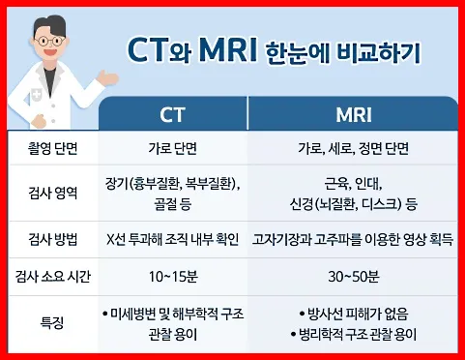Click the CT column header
pyautogui.click(x=173, y=114)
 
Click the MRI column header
pyautogui.click(x=353, y=114)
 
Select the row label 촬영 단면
pyautogui.click(x=53, y=150)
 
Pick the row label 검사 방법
pyautogui.click(x=53, y=236)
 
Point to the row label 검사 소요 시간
pyautogui.click(x=53, y=276)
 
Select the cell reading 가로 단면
pyautogui.click(x=173, y=150)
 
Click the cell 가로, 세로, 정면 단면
pyautogui.click(x=353, y=150)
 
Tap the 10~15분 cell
pyautogui.click(x=173, y=276)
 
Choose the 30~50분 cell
pyautogui.click(x=353, y=276)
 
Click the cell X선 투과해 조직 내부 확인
pyautogui.click(x=173, y=236)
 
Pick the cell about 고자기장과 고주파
pyautogui.click(x=353, y=236)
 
